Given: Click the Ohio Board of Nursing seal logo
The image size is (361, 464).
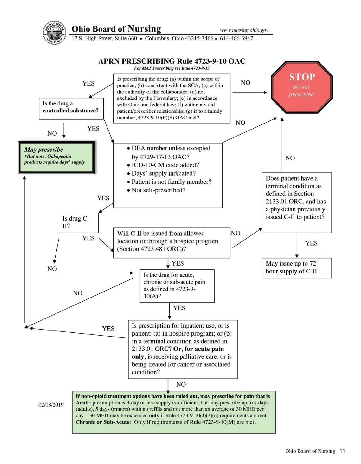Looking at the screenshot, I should point(54,33).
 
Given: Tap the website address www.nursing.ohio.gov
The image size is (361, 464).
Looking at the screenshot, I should point(244,30).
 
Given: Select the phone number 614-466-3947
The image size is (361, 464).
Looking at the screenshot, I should point(236,39).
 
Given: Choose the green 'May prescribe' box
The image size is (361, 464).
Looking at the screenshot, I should point(56,157).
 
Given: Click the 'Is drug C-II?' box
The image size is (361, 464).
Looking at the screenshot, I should point(78,222).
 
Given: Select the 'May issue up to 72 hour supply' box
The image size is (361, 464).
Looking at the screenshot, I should point(297,268).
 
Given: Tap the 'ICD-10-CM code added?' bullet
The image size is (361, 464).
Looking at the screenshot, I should point(165,165).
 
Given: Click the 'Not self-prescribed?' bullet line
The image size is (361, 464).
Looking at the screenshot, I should point(158,190).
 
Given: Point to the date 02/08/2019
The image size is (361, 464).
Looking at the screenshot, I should point(51,405).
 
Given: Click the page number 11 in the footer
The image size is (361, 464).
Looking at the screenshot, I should point(342,451).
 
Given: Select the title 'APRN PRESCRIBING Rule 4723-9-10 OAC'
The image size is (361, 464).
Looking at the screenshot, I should point(172,61).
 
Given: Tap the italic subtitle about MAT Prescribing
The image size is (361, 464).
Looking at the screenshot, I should point(172,68).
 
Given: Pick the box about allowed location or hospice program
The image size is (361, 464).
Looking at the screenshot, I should point(171,243).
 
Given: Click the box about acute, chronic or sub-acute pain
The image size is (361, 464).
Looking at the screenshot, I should point(177,286).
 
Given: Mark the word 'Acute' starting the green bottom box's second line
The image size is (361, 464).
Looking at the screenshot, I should point(83,403).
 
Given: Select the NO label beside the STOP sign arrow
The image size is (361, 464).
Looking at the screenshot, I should point(245,83).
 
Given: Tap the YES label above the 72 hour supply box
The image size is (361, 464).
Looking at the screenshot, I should point(311,243).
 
